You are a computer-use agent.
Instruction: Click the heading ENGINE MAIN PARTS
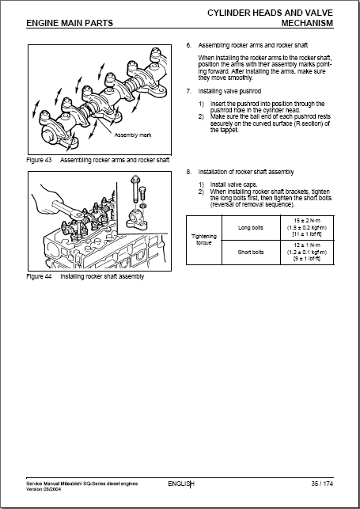click(70, 23)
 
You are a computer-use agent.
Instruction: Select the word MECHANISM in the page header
click(307, 23)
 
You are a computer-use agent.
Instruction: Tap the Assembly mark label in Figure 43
click(133, 135)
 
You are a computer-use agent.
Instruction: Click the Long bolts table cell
click(251, 227)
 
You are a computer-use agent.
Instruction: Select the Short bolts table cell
click(251, 253)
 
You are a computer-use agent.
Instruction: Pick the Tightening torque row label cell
click(204, 240)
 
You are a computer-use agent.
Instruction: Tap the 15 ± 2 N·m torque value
click(307, 221)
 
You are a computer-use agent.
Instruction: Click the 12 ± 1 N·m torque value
click(307, 245)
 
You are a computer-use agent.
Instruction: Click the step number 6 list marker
click(189, 45)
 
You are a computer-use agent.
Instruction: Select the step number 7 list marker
click(189, 91)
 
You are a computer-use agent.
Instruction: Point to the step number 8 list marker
click(189, 172)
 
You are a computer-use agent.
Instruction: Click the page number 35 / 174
click(322, 484)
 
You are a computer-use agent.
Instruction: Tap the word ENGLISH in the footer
click(181, 484)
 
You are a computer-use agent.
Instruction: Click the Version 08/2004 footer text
click(44, 489)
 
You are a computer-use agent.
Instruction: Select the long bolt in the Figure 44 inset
click(135, 190)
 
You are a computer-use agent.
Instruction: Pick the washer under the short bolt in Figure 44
click(143, 206)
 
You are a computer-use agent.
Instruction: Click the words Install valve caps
click(234, 184)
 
